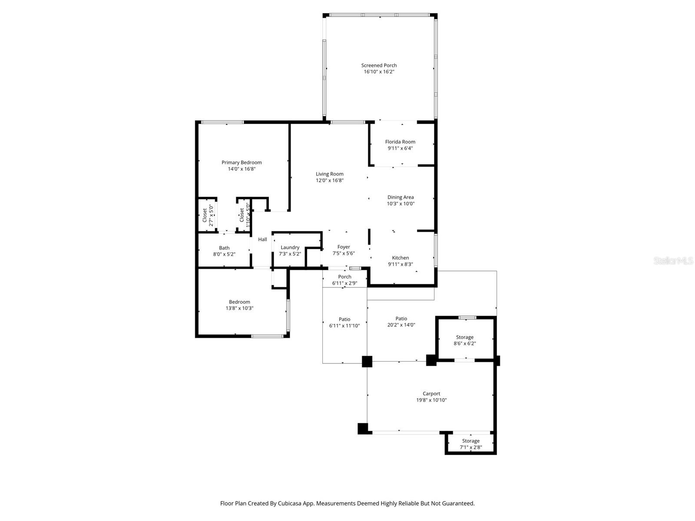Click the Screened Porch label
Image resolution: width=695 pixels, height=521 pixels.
[x=379, y=66]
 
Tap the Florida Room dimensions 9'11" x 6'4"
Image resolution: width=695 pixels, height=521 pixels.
[x=400, y=148]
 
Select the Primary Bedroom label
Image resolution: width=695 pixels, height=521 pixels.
[x=242, y=162]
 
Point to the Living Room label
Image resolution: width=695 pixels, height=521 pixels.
[x=330, y=174]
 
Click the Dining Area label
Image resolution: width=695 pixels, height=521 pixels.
[x=400, y=197]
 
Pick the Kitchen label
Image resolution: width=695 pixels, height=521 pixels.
[x=400, y=257]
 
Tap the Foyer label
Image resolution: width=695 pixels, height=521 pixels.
[x=344, y=247]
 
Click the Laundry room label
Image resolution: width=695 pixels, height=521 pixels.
[x=290, y=247]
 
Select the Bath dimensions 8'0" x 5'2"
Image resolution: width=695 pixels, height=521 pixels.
[x=224, y=254]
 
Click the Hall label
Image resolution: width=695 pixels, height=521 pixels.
[x=262, y=239]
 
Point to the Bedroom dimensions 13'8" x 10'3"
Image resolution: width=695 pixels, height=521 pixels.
[x=239, y=308]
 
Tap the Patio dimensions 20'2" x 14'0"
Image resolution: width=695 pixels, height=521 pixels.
[x=401, y=325]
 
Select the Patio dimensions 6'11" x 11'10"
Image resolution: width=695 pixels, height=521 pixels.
[x=344, y=326]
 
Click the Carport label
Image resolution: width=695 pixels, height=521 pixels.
[x=431, y=394]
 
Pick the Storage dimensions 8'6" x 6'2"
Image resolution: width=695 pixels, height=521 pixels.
[x=465, y=343]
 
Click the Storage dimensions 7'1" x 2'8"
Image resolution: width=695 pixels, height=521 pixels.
[x=470, y=447]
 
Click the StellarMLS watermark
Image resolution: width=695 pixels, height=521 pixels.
[x=673, y=260]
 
